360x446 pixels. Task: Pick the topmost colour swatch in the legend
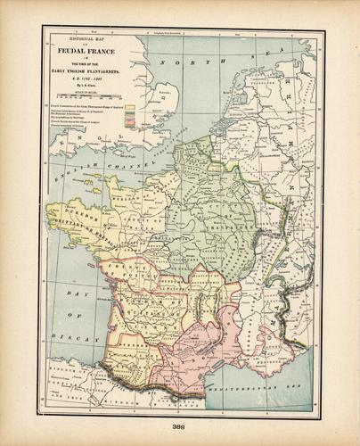(131, 106)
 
